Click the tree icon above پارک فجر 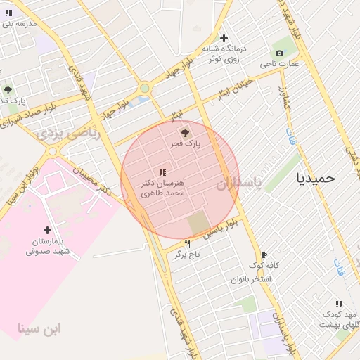click(x=185, y=132)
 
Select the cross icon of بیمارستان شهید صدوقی click(x=47, y=229)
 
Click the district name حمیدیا click(x=316, y=178)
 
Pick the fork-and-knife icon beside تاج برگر click(x=187, y=244)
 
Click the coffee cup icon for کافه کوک click(x=264, y=255)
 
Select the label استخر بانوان click(x=251, y=279)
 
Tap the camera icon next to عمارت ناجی click(x=279, y=53)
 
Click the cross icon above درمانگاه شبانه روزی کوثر click(x=224, y=38)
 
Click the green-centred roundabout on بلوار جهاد click(x=145, y=89)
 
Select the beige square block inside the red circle click(x=199, y=223)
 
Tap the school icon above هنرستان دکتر click(x=162, y=172)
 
